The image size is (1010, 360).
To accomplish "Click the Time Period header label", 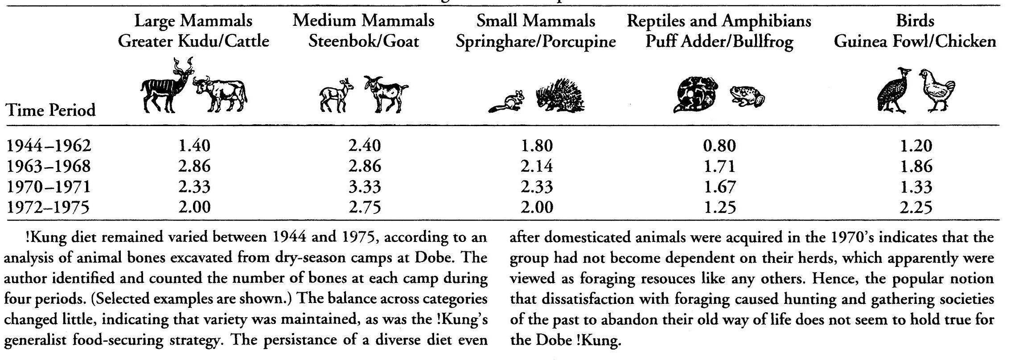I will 51,110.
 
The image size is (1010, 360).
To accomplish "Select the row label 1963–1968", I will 49,166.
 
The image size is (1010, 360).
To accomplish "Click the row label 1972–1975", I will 49,207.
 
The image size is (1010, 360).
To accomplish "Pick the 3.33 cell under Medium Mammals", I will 365,187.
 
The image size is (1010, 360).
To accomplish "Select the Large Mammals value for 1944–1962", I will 194,146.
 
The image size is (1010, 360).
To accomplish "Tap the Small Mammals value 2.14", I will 536,166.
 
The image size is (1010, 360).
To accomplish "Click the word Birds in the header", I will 916,21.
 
